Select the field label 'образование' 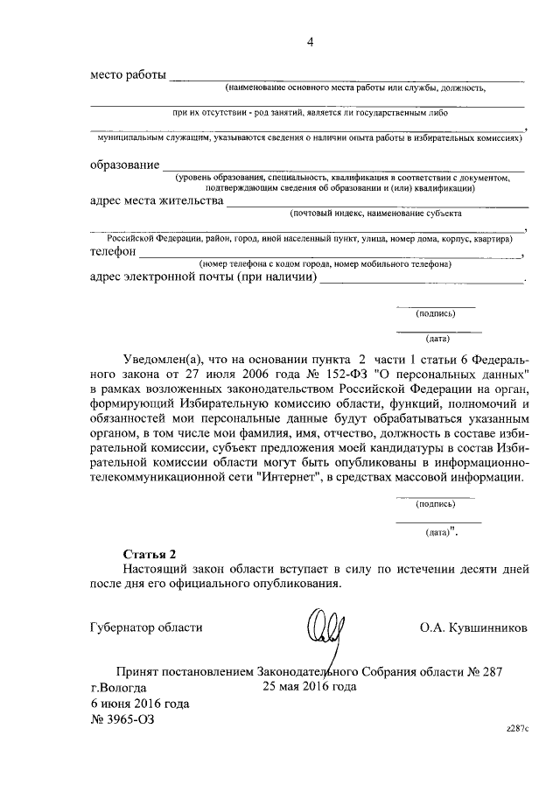[x=124, y=165]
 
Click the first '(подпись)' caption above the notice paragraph [x=436, y=312]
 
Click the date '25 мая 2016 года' [x=309, y=687]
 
